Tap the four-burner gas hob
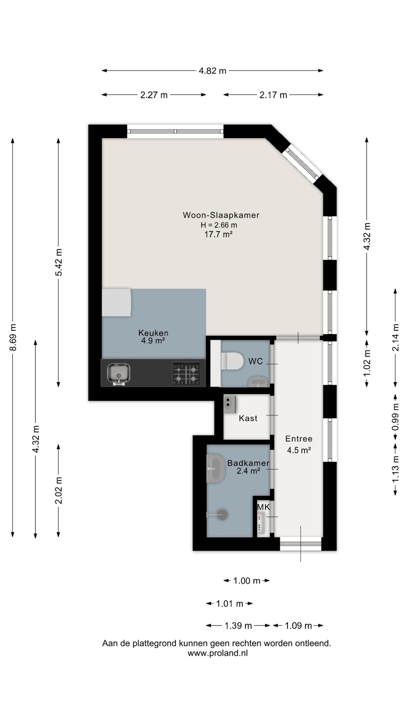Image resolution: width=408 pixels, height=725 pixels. pos(186,374)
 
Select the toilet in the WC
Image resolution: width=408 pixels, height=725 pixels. pos(232,361)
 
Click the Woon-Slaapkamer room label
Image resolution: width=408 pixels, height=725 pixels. pos(221,215)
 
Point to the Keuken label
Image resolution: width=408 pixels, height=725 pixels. pos(153,333)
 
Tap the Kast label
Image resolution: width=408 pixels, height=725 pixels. pos(248,418)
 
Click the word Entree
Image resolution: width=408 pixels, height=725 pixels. pos(299,439)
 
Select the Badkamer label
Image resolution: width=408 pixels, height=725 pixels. pos(248,463)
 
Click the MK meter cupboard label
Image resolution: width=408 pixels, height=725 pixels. pos(263,507)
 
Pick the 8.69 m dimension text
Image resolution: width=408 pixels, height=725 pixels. pos(13,337)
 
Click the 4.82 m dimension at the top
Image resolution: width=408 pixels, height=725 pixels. pos(212,71)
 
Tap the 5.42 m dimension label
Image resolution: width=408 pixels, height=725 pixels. pos(59,262)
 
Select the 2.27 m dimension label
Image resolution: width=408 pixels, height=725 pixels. pos(154,95)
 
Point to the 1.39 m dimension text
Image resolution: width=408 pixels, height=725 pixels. pos(238,626)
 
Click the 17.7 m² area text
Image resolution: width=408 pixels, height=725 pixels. pos(216,234)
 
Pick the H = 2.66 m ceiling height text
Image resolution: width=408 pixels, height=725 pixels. pos(219,225)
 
